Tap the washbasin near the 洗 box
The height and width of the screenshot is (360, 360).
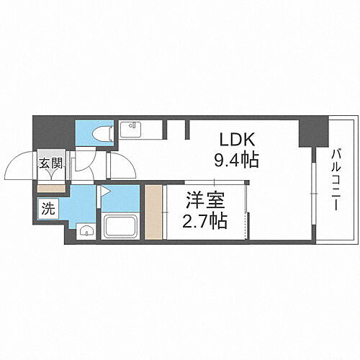point(86,231)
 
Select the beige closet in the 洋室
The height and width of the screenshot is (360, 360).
point(154,212)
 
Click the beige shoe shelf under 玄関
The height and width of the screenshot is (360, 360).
point(50,188)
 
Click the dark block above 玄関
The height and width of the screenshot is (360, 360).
point(52,132)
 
